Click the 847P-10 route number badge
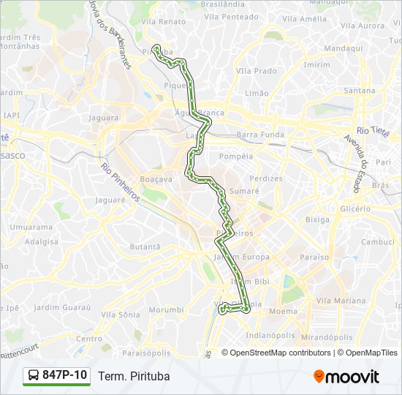56,376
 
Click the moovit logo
346,377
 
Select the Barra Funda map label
260,135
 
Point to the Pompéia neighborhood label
235,156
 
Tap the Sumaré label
244,190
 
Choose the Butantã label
145,247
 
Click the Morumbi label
166,310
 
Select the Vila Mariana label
341,301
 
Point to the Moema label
283,312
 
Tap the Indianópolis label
270,335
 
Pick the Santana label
359,90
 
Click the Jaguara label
103,118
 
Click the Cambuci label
378,241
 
